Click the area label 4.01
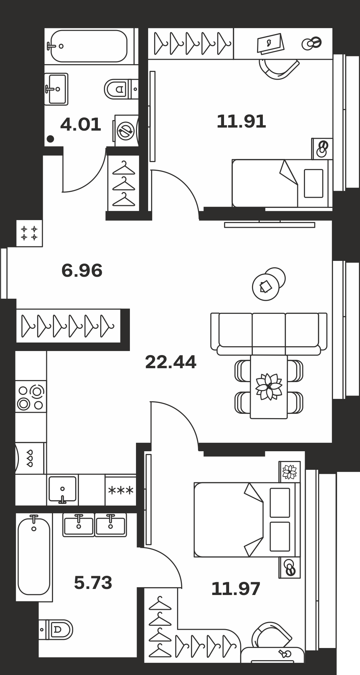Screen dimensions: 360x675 [x=81, y=125]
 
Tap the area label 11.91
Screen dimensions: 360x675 [x=241, y=122]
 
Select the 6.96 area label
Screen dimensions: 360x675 [x=82, y=271]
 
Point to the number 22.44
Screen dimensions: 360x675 [x=171, y=362]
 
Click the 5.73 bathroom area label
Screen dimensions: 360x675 [x=93, y=583]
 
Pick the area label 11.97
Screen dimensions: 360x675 [x=236, y=589]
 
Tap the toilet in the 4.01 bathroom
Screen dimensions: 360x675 [x=121, y=89]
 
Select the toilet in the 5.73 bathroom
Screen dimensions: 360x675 [x=56, y=629]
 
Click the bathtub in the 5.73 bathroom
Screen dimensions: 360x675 [x=34, y=557]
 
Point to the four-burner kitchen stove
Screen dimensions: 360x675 [x=31, y=396]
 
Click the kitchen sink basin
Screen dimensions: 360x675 [x=62, y=489]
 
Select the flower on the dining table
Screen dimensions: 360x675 [x=269, y=387]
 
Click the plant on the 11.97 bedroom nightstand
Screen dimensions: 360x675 [x=289, y=471]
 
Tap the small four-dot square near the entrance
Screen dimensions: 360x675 [x=29, y=233]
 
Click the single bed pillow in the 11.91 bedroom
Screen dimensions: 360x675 [x=313, y=183]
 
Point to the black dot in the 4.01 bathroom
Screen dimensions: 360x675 [x=50, y=139]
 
